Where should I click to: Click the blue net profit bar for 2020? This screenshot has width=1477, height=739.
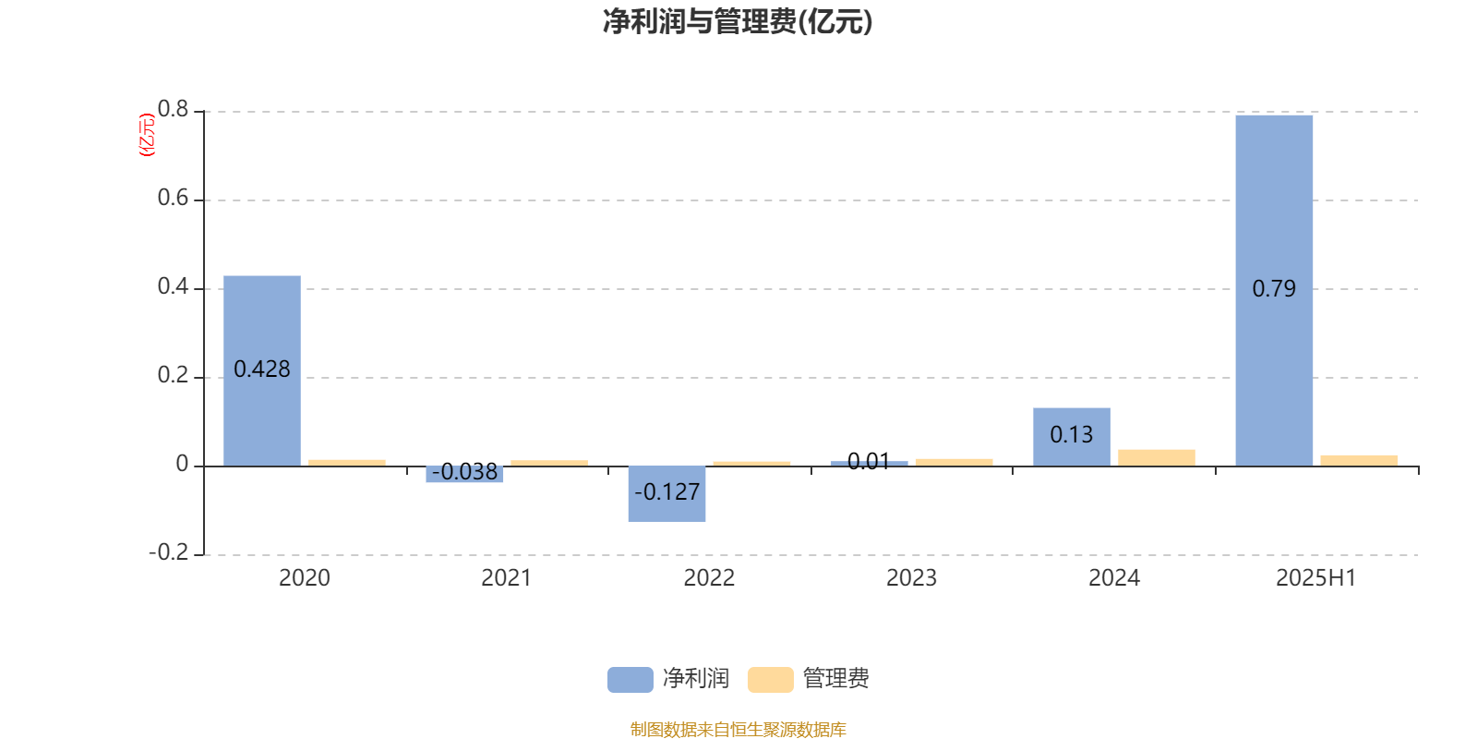[262, 370]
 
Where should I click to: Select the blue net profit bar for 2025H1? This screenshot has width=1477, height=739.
[1274, 291]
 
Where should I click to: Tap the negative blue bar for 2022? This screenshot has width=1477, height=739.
[666, 494]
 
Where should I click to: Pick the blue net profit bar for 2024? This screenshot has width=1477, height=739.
[1072, 437]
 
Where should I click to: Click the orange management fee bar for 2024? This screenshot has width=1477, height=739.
[1157, 458]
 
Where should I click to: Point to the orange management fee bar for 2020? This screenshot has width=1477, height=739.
[347, 463]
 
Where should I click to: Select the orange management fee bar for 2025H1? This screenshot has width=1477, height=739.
[1359, 461]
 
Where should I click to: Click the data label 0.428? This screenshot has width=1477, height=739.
[262, 369]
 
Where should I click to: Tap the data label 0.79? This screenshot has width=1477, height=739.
[1274, 289]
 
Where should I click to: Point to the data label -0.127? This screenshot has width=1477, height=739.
[666, 492]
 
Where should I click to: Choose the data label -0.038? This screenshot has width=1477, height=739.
[465, 472]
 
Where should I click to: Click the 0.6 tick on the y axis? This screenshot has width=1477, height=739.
[173, 198]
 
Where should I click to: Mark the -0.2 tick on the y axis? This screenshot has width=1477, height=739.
[169, 552]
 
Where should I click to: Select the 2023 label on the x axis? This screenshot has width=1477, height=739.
[911, 578]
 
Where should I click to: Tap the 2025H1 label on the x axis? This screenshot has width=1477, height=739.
[1316, 578]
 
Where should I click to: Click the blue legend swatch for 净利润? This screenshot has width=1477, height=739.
[630, 680]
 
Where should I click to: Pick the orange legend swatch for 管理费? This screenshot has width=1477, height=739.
[770, 680]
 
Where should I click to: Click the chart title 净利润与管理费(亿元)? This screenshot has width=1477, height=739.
[738, 22]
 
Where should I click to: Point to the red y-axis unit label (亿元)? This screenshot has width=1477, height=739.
[147, 135]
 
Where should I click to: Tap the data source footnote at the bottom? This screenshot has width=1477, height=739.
[738, 729]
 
